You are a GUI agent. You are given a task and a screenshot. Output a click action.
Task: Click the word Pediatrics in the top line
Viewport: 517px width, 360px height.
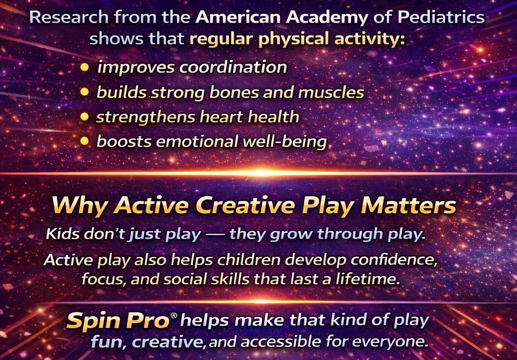[x=441, y=17]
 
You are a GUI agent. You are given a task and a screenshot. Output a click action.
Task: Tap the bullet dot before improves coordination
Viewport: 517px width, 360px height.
[x=85, y=67]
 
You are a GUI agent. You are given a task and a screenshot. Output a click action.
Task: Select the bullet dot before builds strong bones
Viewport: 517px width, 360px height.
[x=85, y=92]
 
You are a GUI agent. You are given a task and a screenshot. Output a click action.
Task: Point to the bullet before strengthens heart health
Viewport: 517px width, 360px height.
[x=85, y=117]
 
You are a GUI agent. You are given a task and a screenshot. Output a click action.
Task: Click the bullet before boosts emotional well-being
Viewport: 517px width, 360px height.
[x=85, y=141]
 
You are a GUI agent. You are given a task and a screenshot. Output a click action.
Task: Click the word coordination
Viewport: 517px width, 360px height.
[x=233, y=67]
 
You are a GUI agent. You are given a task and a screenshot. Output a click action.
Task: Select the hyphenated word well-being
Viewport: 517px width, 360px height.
[x=285, y=142]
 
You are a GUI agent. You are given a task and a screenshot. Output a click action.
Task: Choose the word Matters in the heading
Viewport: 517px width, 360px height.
[x=408, y=205]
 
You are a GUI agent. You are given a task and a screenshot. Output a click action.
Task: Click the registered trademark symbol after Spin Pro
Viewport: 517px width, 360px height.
[x=174, y=316]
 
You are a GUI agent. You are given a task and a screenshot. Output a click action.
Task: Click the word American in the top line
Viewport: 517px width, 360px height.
[x=238, y=17]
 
